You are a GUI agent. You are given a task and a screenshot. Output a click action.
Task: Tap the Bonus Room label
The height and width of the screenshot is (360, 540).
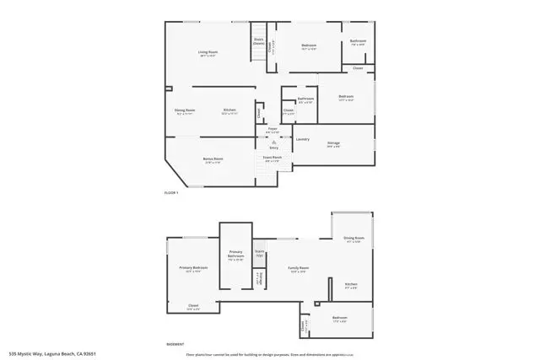pos(213,159)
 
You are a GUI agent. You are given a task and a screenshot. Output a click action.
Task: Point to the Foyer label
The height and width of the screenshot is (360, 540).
pos(273,129)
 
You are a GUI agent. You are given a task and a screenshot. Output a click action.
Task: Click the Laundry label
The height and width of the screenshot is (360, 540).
pos(302,138)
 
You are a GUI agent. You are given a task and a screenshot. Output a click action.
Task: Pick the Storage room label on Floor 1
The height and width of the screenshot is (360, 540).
pos(334,143)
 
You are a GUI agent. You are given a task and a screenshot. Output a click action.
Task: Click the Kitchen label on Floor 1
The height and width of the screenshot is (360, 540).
pos(229,110)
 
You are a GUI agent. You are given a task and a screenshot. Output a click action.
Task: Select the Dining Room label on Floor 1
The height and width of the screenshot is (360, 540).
pos(185,110)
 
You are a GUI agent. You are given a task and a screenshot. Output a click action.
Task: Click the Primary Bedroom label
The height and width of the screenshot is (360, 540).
pos(192,268)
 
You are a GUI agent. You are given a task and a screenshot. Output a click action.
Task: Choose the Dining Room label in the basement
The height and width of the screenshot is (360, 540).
pos(353,239)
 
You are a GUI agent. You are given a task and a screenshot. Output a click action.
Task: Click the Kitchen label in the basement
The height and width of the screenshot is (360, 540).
pos(351,284)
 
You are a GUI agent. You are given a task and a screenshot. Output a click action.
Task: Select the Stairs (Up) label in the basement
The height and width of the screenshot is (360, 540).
pos(260,252)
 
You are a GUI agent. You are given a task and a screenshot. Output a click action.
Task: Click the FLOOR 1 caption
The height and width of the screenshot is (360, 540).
pos(171,193)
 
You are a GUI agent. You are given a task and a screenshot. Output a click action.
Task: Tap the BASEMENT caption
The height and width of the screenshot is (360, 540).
pos(175,344)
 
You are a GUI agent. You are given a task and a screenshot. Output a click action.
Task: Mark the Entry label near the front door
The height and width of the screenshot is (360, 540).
pos(273,148)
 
